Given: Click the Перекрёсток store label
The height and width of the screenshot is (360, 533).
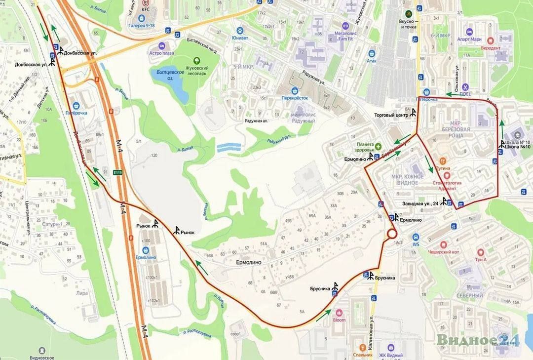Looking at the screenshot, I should [295, 97].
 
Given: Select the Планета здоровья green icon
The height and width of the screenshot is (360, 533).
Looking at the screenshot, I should [378, 146].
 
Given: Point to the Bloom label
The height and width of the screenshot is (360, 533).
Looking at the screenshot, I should [340, 320].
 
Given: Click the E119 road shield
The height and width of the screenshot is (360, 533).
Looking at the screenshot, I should [117, 172].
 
